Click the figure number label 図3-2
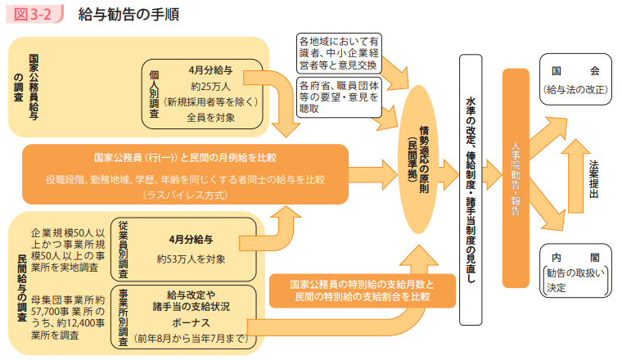pyautogui.click(x=32, y=15)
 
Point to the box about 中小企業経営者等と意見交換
pyautogui.click(x=338, y=52)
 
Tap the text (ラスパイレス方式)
pyautogui.click(x=187, y=196)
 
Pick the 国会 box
pyautogui.click(x=575, y=79)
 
